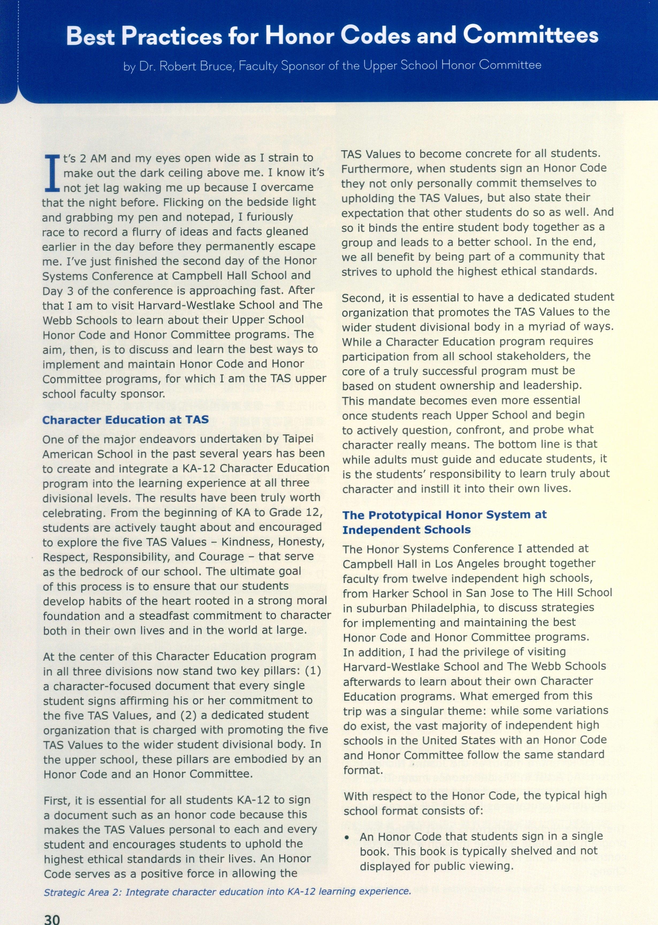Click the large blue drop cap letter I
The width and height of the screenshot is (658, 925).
tap(52, 173)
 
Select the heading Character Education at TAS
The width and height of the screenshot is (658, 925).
tap(126, 419)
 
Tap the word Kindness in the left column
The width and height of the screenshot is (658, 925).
tap(242, 542)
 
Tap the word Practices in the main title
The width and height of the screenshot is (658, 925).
tap(172, 36)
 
